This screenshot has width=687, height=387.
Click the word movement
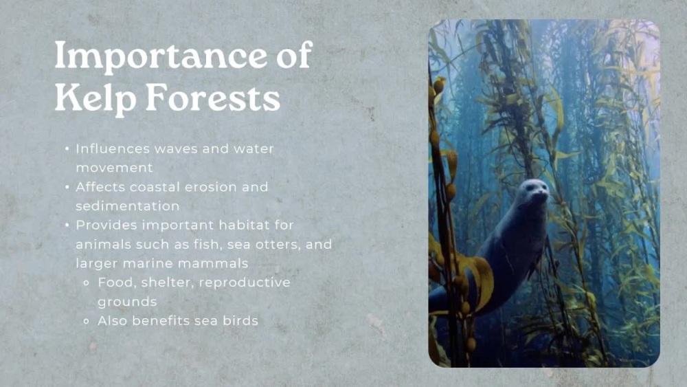coord(114,168)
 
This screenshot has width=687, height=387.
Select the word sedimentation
coord(128,206)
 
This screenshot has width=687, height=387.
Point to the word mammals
coord(214,263)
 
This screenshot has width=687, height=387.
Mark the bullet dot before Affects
coord(67,187)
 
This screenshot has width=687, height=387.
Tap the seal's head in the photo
coord(534,194)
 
